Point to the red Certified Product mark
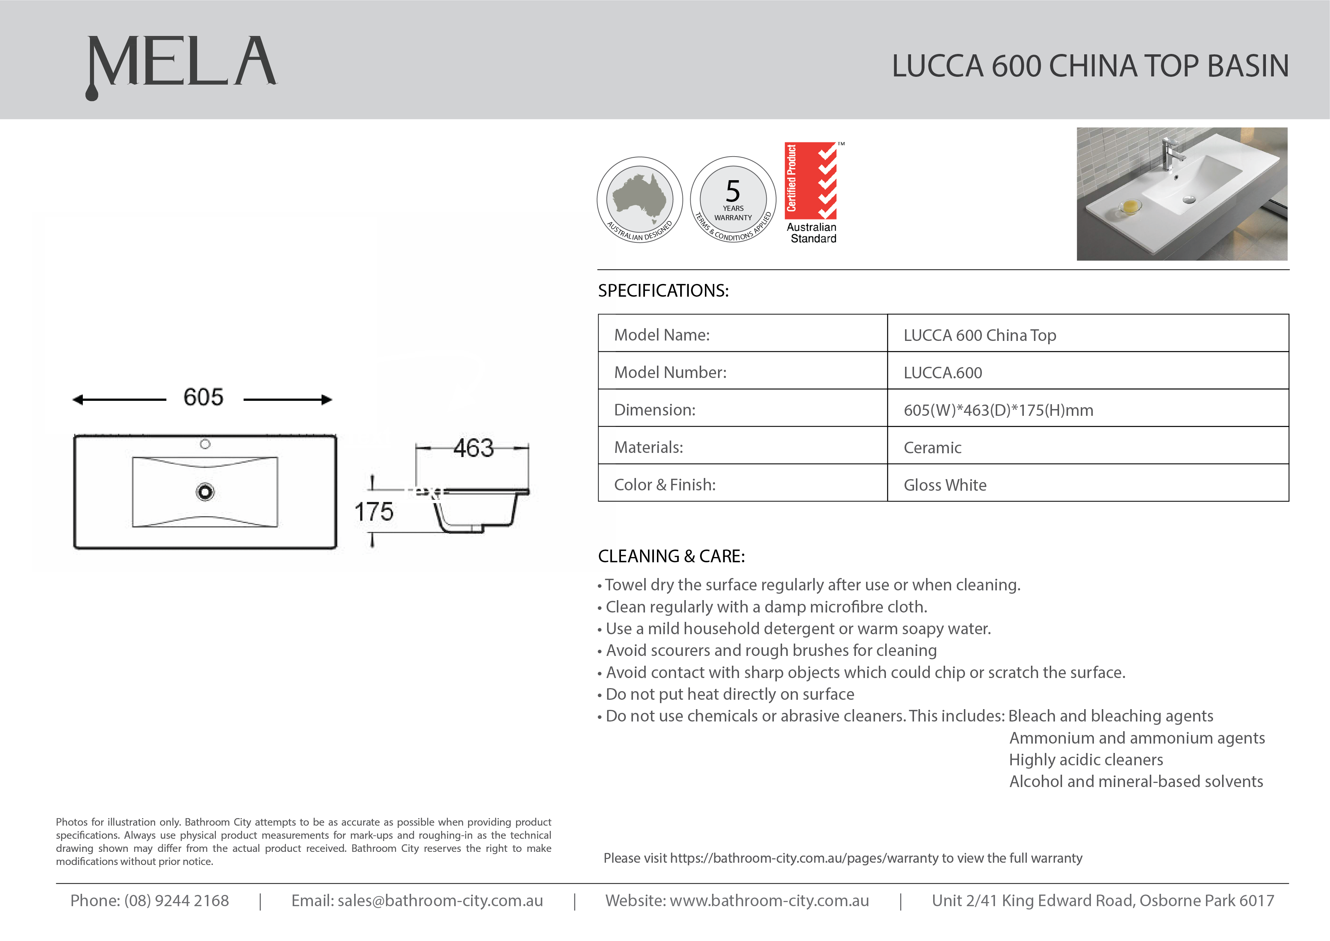(811, 180)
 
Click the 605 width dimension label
(203, 397)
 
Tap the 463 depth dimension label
(473, 448)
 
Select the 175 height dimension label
(374, 512)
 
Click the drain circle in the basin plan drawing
(205, 492)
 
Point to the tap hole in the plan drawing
(205, 444)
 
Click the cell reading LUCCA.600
(943, 373)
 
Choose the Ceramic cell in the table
(932, 447)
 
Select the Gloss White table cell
(945, 485)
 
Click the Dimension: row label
(655, 410)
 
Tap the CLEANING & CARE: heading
(671, 556)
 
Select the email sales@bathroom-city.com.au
(440, 901)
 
